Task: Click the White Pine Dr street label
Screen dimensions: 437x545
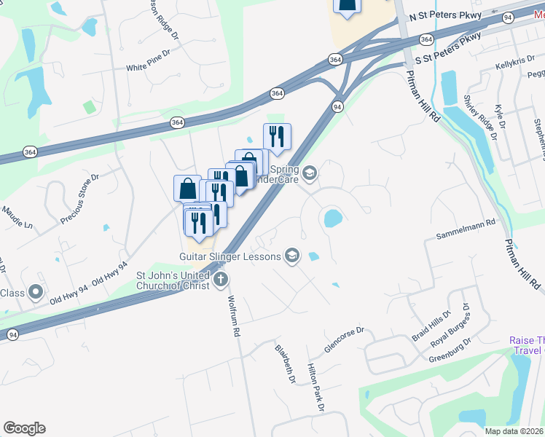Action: click(148, 68)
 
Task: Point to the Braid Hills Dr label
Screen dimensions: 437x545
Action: click(432, 324)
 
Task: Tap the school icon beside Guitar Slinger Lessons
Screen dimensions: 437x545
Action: click(291, 255)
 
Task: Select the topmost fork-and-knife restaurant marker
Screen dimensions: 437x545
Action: click(277, 135)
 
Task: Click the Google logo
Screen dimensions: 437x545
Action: click(24, 428)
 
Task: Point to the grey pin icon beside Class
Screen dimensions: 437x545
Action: click(35, 294)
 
